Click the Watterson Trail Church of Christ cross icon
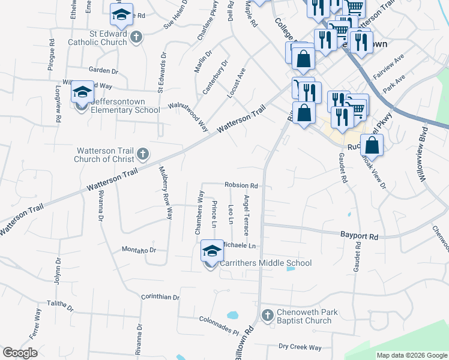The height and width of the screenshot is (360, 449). click(x=143, y=155)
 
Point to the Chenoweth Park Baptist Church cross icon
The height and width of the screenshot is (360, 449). click(x=268, y=314)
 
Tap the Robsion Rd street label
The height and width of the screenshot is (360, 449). click(x=241, y=185)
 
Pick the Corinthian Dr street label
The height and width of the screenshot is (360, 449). click(x=160, y=297)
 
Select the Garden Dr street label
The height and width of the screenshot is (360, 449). click(x=103, y=70)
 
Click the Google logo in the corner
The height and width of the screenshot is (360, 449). click(x=20, y=353)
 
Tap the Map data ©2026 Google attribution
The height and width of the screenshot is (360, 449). click(x=411, y=355)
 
